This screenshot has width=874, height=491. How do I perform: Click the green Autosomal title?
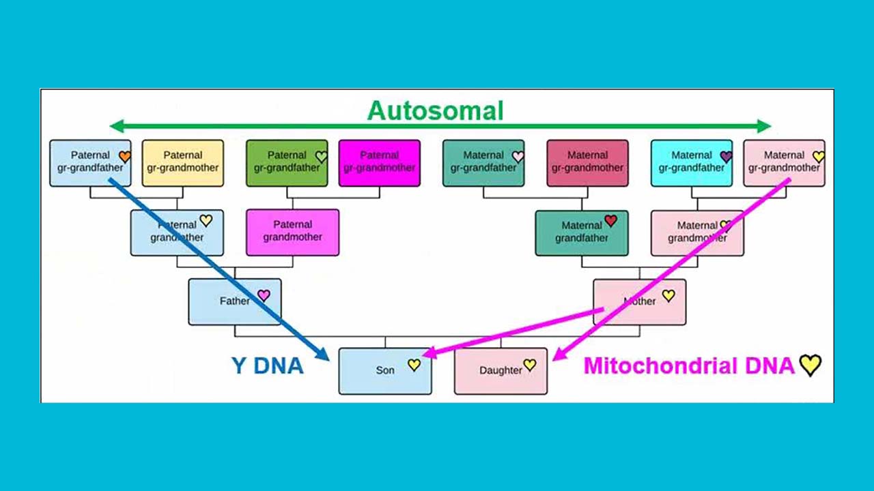coord(436,110)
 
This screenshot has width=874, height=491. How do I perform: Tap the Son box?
coord(384,371)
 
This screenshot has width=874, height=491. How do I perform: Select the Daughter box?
coord(501,371)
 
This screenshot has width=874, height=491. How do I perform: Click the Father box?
coord(234,301)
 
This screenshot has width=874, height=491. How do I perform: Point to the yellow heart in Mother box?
coord(668,295)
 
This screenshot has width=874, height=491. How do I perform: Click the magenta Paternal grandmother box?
coord(292,232)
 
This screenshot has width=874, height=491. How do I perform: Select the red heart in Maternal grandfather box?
coord(611,221)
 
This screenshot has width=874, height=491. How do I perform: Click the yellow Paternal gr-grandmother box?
coord(182,162)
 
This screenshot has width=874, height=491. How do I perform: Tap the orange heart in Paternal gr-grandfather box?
coord(125,157)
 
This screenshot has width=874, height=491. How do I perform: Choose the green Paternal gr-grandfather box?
coord(286,162)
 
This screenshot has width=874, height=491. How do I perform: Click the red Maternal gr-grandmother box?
coord(587,162)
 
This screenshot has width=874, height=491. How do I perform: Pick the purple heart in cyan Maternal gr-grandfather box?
coord(726,157)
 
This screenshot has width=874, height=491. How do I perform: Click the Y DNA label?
coord(268,366)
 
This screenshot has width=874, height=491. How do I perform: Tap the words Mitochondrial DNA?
coord(688,366)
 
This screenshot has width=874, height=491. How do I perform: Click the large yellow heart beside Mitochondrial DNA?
coord(810,366)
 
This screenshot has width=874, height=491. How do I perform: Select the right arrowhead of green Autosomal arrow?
coord(765,125)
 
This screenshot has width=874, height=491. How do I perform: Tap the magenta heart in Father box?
coord(264,295)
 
